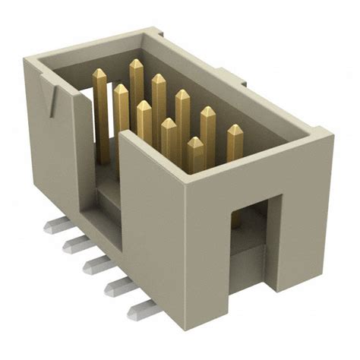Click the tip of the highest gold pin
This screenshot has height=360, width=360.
click(136, 65)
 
